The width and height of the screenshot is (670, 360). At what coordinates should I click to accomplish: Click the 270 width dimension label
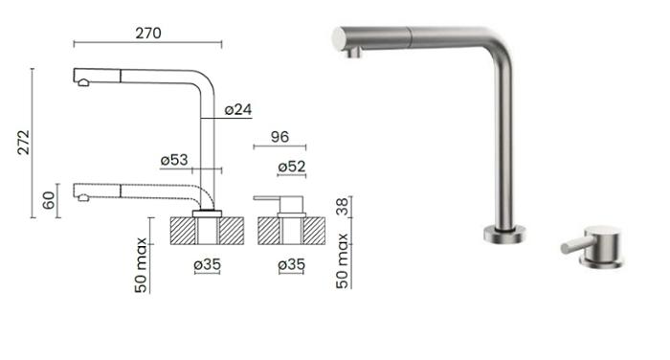(148, 33)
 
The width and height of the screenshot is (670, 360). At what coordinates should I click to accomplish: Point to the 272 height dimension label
(24, 142)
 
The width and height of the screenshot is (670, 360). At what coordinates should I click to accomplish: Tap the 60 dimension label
(49, 200)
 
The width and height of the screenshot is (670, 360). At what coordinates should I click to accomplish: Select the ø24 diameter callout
(238, 109)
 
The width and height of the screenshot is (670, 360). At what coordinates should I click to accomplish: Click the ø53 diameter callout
(174, 160)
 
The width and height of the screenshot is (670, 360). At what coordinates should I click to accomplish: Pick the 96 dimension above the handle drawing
(279, 137)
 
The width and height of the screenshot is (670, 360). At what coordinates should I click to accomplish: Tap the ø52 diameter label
(292, 167)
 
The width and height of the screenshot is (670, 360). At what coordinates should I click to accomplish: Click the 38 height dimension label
(343, 207)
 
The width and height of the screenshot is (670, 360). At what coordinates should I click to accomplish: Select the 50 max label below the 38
(343, 260)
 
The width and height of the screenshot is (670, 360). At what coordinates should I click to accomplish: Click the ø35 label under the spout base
(208, 264)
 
